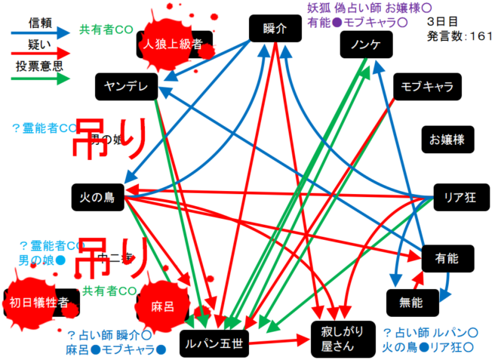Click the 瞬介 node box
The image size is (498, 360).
275,29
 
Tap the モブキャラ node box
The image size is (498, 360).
426,86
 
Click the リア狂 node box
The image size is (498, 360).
460,198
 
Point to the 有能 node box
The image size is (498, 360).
448,259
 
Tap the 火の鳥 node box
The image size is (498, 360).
97,198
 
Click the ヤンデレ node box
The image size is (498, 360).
126,86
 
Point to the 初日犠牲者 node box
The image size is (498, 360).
39,303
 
